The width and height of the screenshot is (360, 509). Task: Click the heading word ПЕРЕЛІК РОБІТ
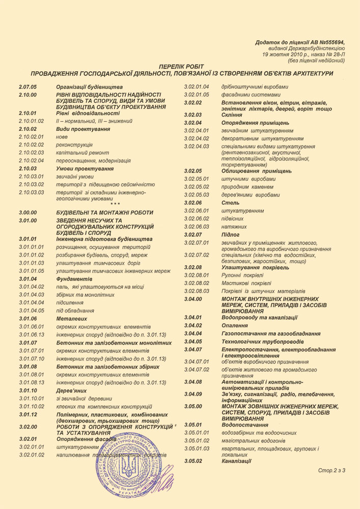[181, 67]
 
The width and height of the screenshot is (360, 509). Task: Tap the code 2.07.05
[27, 87]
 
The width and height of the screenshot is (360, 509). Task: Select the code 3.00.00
[27, 212]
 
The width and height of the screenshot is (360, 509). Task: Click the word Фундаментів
[74, 279]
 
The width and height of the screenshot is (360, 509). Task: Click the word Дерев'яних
[72, 390]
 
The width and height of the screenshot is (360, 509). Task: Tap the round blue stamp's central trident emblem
[129, 468]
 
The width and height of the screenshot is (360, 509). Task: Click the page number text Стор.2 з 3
[331, 470]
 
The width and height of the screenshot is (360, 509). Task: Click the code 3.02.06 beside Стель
[193, 203]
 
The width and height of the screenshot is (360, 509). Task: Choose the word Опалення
[235, 325]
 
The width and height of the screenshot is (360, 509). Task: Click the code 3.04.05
[193, 342]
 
